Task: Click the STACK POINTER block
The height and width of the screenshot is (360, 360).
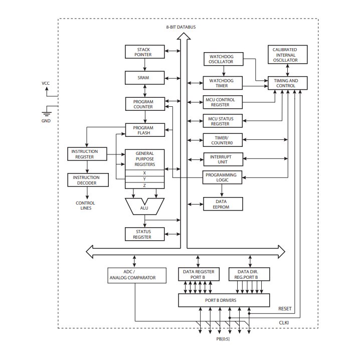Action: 143,52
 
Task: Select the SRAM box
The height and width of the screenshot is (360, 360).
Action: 143,78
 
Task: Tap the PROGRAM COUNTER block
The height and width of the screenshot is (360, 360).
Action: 143,104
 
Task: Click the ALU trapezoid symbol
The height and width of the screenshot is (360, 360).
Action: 144,206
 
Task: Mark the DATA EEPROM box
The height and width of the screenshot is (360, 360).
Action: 222,204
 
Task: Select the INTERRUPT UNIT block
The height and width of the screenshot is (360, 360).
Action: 222,159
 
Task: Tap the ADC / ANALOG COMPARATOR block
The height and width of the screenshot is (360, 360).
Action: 134,274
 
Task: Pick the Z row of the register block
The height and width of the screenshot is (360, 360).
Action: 144,186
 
